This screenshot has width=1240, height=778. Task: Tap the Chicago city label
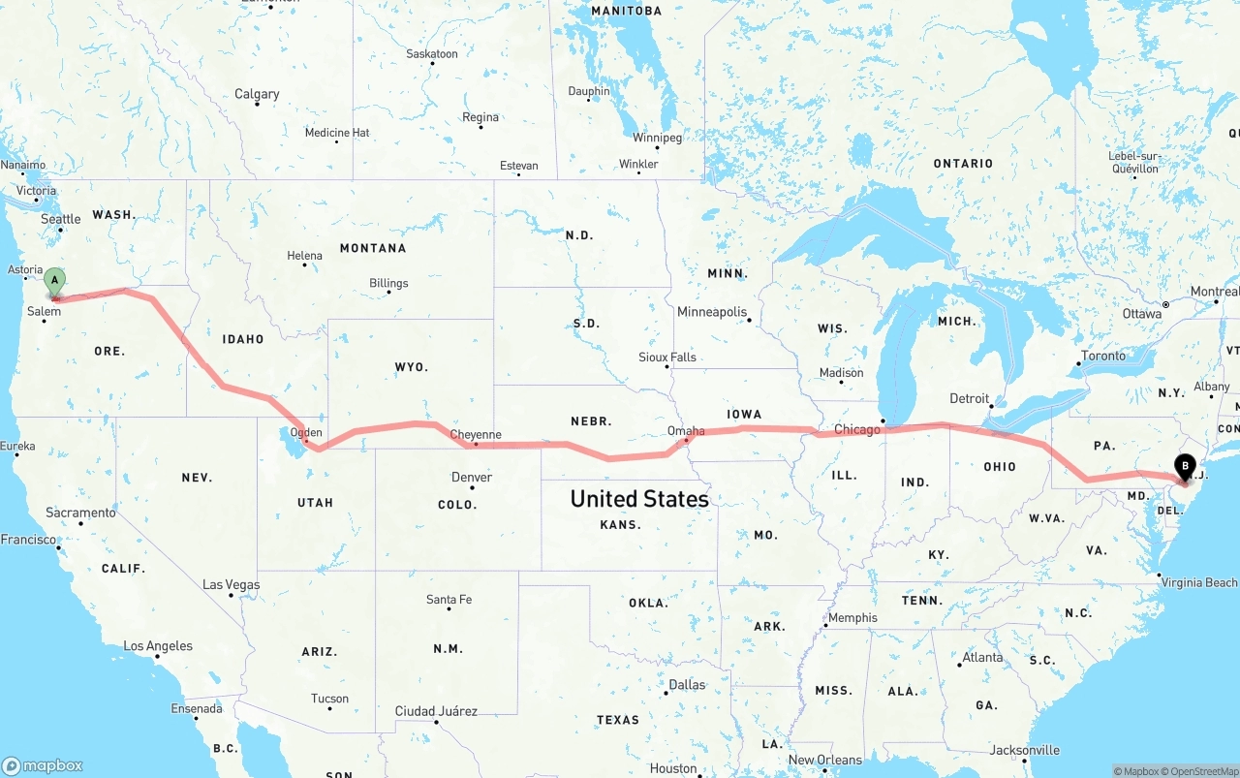point(857,429)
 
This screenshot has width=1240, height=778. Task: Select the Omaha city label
point(686,430)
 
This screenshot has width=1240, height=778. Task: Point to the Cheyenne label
point(476,435)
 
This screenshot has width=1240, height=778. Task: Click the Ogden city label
point(306,433)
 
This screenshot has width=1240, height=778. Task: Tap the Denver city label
point(472,477)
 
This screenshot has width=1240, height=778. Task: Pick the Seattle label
point(61,219)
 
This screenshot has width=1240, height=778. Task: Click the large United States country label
point(639,499)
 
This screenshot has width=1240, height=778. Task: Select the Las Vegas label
point(232,584)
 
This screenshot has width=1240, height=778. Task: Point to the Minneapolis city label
point(712,312)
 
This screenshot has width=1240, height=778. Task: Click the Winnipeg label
point(658,138)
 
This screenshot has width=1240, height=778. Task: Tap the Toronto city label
point(1103,356)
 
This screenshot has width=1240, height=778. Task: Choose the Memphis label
point(852,617)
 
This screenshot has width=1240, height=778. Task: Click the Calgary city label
point(257,94)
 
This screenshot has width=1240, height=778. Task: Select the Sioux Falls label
point(667,357)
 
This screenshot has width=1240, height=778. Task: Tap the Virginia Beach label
point(1199,582)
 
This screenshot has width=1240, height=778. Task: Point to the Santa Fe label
point(449,600)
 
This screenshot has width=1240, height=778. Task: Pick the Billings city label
point(388,283)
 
